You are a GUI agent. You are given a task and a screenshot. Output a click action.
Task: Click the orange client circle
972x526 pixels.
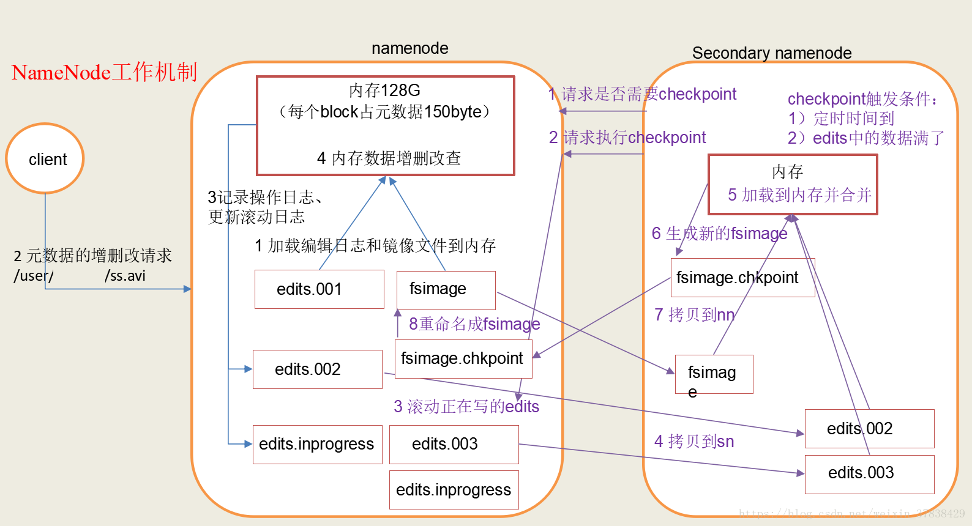(45, 158)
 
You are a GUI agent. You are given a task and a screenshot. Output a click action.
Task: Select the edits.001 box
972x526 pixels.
(319, 289)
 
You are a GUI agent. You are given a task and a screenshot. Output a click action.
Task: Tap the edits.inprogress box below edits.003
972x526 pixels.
(454, 490)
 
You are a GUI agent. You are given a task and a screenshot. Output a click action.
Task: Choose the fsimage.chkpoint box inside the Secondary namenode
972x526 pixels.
(742, 278)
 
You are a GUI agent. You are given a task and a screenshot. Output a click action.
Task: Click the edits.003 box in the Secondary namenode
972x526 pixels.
(869, 474)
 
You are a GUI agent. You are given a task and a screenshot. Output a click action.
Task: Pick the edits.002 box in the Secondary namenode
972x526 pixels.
(869, 429)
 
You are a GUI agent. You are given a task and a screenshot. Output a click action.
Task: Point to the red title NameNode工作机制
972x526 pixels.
(104, 72)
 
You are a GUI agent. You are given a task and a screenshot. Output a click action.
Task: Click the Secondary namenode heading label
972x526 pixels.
(771, 53)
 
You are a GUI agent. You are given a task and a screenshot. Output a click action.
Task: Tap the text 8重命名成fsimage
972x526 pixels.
(474, 324)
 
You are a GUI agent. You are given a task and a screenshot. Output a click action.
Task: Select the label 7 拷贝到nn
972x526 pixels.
(694, 314)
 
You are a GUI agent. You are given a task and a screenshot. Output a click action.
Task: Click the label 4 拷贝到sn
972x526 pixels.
(693, 441)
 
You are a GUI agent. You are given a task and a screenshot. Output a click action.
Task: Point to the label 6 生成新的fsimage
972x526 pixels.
(719, 233)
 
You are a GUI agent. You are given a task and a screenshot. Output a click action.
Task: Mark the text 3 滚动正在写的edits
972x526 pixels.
(466, 406)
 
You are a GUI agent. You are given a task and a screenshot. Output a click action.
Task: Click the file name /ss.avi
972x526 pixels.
(125, 276)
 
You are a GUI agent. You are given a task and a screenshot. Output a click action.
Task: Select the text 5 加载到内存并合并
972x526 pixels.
(799, 195)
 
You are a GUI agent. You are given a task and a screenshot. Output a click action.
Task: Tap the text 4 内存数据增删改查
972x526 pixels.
(389, 158)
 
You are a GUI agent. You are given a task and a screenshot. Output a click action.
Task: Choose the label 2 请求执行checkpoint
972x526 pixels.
(627, 138)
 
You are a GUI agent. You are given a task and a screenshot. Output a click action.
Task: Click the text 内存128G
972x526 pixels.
(384, 91)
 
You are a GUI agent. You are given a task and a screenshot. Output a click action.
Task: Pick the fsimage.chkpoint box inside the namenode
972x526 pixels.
(463, 358)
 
